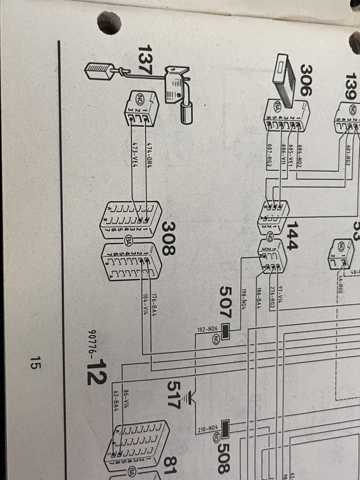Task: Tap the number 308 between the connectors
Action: pos(169,239)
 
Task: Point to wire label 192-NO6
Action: pos(207,330)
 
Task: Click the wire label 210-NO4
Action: pos(207,430)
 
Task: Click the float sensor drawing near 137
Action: pos(179,91)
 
